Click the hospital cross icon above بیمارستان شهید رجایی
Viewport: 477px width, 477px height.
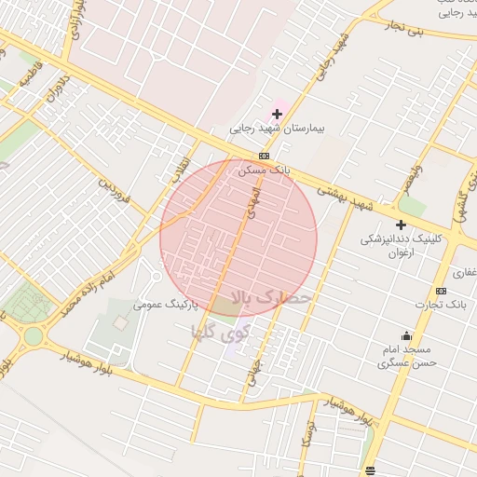click(277, 114)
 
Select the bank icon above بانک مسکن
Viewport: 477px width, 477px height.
click(265, 156)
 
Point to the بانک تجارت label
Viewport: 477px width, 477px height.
click(442, 305)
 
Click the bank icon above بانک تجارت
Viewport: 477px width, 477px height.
click(441, 291)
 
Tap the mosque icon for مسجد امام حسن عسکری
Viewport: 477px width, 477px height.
click(405, 335)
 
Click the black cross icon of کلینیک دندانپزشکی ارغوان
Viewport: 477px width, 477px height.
click(402, 225)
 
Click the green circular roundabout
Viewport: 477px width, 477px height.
click(34, 335)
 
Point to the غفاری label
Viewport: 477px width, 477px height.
click(464, 273)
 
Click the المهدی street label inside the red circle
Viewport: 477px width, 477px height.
click(249, 202)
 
